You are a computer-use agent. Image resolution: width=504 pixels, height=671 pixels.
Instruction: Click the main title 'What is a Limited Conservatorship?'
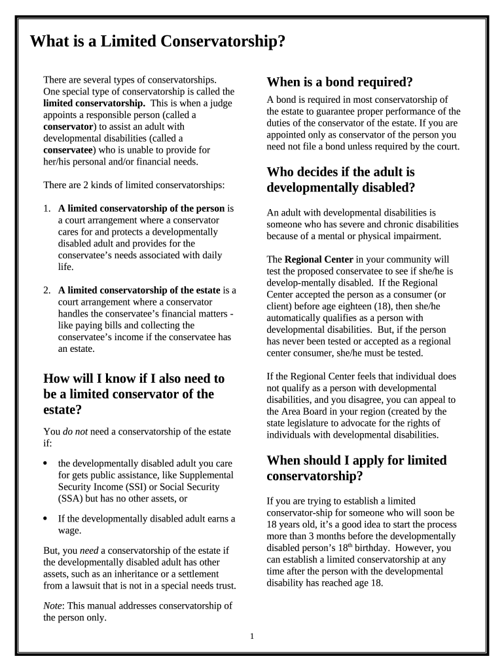(x=158, y=41)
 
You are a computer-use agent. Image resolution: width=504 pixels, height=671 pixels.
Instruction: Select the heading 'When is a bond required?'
(x=340, y=82)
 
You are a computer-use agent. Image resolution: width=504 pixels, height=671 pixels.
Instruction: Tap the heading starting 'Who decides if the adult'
(x=341, y=179)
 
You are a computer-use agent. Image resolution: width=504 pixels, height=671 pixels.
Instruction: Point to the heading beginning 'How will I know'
(x=134, y=394)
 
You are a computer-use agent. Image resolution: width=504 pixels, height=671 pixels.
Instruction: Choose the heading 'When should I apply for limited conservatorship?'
(x=357, y=468)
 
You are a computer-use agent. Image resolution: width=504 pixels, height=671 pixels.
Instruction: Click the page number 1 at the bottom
(x=251, y=636)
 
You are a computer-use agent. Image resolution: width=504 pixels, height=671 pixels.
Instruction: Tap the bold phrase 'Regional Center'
(x=319, y=259)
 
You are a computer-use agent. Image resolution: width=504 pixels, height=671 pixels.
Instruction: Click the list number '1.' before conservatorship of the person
(x=47, y=208)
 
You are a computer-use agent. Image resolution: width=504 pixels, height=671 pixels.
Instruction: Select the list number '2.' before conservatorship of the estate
(x=47, y=290)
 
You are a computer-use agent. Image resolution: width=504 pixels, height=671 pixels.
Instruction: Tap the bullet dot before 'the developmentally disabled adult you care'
(x=45, y=463)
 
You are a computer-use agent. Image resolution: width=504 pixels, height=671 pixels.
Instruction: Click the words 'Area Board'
(x=307, y=412)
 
